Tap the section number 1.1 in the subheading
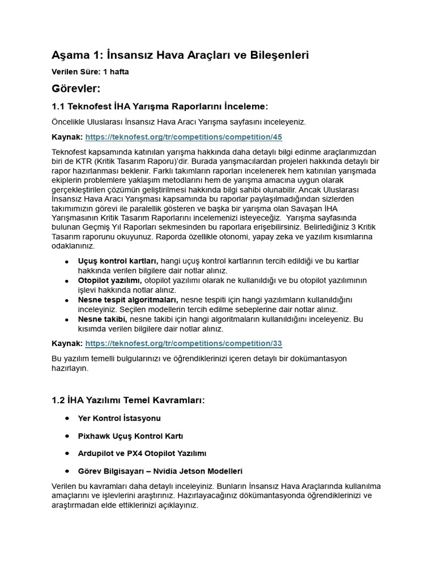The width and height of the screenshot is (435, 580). point(59,107)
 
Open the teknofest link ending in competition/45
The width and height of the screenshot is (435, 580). point(183,137)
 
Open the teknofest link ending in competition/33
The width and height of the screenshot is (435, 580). point(183,343)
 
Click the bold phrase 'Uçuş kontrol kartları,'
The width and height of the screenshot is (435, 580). point(118,261)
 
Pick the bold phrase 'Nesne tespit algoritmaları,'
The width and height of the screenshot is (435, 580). point(128,300)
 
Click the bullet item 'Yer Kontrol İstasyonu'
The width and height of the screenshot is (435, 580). point(120,418)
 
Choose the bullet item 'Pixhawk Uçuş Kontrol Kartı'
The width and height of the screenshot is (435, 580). point(131,436)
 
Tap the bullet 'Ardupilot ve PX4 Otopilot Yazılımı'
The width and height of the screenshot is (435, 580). point(142,454)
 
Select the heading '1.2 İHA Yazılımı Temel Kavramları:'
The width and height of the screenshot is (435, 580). point(127,400)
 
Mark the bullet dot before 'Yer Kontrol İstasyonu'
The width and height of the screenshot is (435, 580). point(67,418)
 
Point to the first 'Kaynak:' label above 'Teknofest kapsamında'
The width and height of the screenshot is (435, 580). point(67,137)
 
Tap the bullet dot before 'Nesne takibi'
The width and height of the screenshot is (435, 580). point(67,319)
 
